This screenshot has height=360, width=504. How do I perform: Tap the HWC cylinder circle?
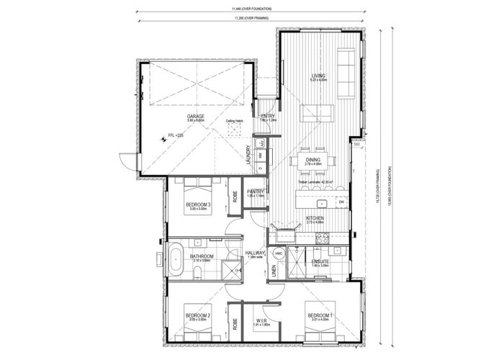(x=279, y=254)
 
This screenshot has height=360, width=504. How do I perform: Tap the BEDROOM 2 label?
(x=198, y=315)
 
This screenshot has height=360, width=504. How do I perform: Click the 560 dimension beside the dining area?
(x=356, y=144)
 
